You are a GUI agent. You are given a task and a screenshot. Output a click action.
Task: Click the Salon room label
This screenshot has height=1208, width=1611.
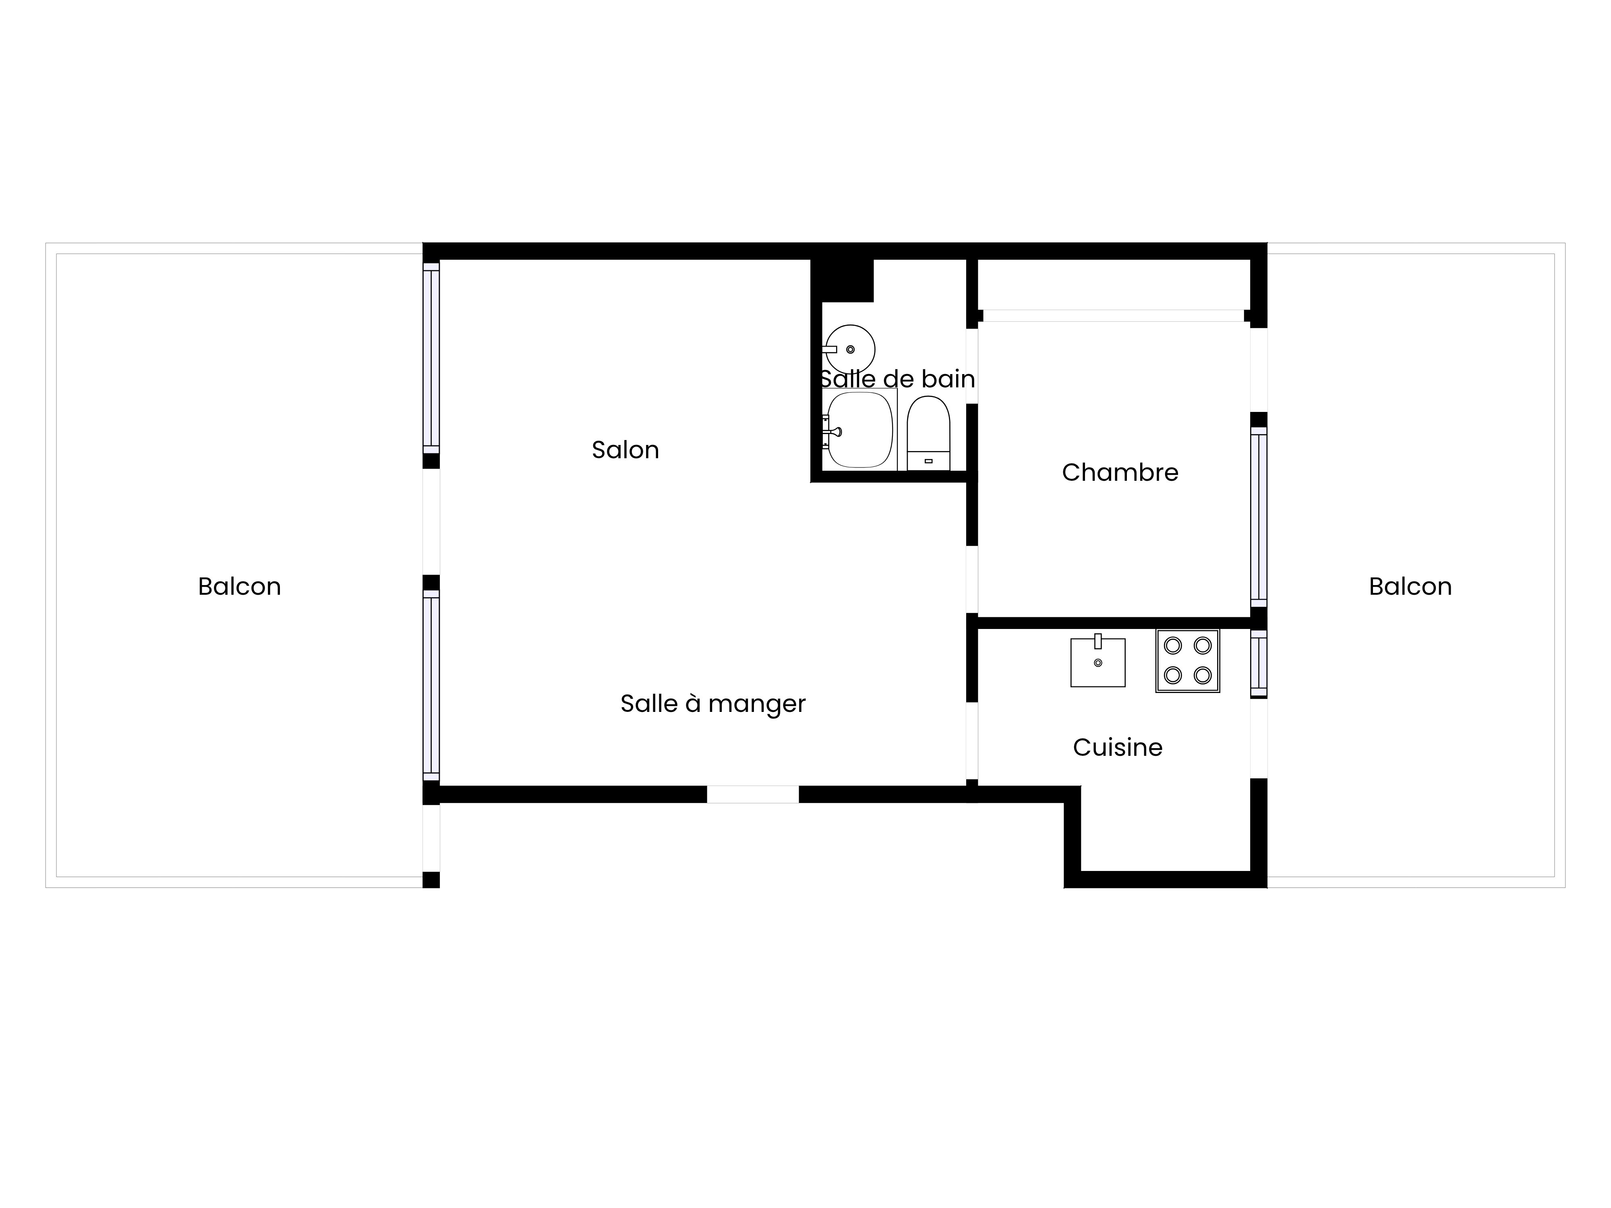click(x=625, y=450)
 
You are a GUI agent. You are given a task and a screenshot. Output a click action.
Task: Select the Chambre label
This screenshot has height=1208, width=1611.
click(x=1120, y=473)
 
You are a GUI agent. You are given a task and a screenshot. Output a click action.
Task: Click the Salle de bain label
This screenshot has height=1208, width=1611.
click(x=897, y=379)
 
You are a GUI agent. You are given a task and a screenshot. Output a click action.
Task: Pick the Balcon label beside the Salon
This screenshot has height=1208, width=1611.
click(x=240, y=586)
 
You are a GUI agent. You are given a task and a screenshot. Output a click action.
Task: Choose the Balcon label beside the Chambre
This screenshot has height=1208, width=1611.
click(x=1410, y=586)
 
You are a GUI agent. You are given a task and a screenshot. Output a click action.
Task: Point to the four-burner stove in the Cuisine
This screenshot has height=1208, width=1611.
click(x=1187, y=660)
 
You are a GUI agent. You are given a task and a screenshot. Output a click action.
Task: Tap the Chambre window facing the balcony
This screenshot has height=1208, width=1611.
click(x=1259, y=517)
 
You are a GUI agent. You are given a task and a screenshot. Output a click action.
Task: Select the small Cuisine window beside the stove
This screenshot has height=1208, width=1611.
click(x=1259, y=663)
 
